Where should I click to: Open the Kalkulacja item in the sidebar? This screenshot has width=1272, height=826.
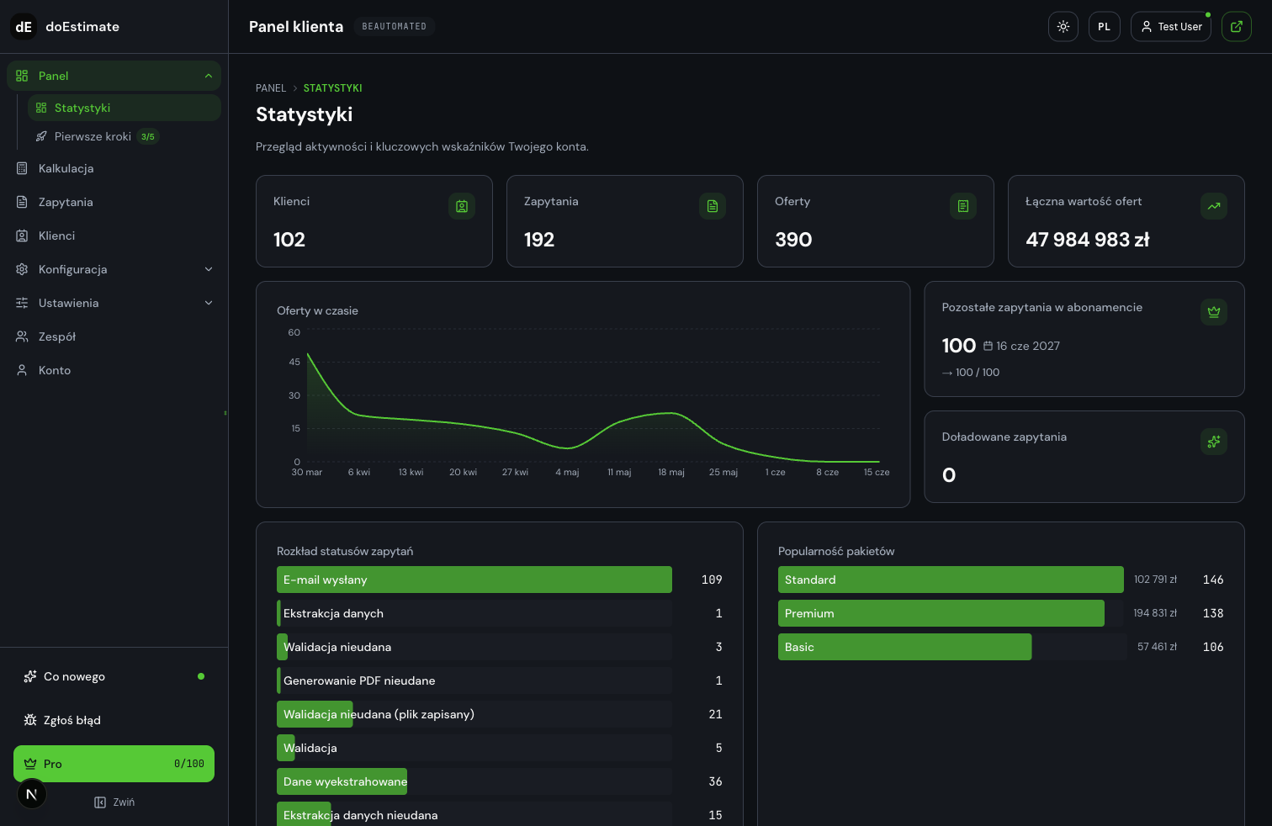(x=66, y=168)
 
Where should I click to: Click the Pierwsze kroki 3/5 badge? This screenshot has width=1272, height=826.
(x=148, y=137)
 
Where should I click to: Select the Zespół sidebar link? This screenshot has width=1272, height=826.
(x=57, y=336)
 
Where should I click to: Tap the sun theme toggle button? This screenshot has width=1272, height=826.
(x=1063, y=27)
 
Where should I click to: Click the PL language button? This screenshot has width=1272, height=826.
(x=1104, y=27)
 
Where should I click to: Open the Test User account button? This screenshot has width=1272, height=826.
(x=1171, y=27)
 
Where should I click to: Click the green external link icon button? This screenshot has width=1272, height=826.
(x=1236, y=27)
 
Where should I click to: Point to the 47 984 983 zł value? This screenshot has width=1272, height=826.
(x=1087, y=240)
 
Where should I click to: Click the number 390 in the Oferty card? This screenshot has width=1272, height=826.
(x=793, y=240)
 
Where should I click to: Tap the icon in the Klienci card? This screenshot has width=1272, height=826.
(x=462, y=206)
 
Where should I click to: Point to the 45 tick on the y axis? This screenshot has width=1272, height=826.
(x=294, y=362)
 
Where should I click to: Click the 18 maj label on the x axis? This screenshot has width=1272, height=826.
(x=671, y=473)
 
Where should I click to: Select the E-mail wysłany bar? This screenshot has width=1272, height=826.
(x=474, y=580)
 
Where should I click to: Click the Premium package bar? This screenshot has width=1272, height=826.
(x=941, y=613)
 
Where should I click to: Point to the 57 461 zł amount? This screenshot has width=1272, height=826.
(x=1157, y=647)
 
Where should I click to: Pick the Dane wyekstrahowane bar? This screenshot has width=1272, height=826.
(x=342, y=781)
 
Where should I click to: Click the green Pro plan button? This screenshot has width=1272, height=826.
(x=114, y=764)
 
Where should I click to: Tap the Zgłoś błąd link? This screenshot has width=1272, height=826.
(x=72, y=720)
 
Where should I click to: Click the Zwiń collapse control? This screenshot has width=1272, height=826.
(x=114, y=802)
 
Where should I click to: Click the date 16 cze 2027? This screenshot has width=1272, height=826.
(x=1027, y=347)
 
